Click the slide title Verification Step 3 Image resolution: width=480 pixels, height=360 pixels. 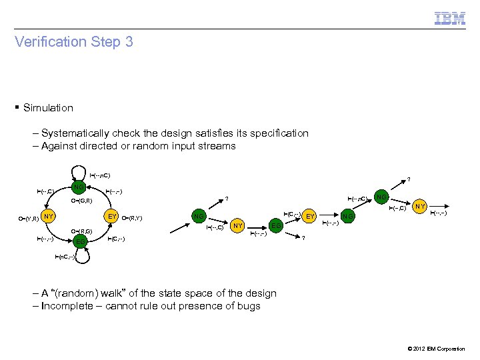74,42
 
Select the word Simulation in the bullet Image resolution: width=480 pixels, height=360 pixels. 48,107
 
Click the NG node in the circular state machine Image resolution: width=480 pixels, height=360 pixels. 79,186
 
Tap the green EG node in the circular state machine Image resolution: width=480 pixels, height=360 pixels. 79,241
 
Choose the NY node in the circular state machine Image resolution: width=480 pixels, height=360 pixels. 48,217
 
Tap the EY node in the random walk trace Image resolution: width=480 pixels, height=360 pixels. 309,216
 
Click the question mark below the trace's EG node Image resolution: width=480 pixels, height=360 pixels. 303,239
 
